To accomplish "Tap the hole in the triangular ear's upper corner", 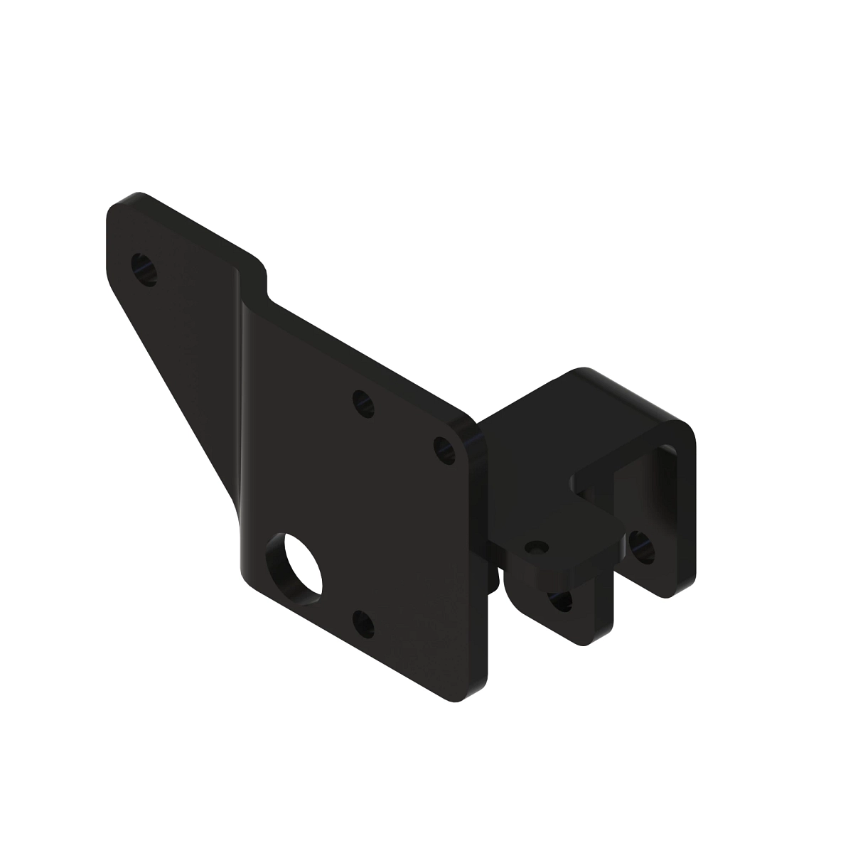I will click(x=145, y=268).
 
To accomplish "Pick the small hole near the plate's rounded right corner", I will click(x=445, y=450).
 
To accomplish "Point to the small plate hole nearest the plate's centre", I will click(x=363, y=403).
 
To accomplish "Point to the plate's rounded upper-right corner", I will click(x=473, y=432).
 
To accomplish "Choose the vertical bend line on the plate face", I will click(x=242, y=426).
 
